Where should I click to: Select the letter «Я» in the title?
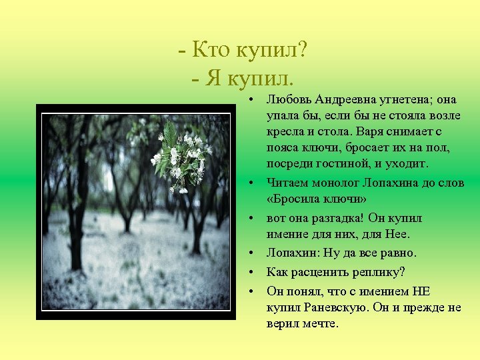[x=213, y=79]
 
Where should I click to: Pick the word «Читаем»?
[x=287, y=181]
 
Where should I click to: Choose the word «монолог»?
[x=338, y=181]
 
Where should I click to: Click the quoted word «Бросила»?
[x=294, y=199]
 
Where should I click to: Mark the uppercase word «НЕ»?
[x=422, y=291]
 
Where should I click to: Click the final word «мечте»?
[x=321, y=324]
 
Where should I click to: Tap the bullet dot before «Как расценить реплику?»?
[x=255, y=273]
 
